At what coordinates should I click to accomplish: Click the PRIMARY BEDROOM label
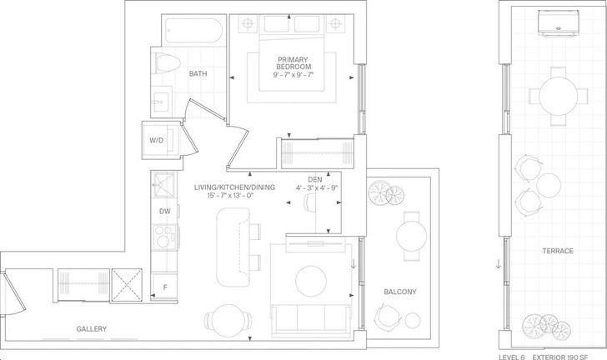293,63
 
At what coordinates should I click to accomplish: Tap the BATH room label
198,73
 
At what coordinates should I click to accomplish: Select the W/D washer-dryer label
157,140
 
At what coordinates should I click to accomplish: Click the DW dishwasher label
165,212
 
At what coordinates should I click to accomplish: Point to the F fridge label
165,287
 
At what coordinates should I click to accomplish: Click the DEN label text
314,180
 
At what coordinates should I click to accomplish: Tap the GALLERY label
92,328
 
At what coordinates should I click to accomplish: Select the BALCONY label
400,292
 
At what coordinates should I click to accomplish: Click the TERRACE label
558,251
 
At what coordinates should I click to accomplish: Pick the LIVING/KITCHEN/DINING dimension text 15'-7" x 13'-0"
230,196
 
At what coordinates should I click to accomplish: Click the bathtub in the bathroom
193,30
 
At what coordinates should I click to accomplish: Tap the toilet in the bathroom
168,62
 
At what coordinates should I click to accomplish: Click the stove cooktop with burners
164,237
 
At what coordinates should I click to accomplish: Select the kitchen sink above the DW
163,185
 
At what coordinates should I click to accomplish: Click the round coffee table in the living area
311,282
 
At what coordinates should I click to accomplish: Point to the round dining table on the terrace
559,96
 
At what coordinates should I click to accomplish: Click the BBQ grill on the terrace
558,23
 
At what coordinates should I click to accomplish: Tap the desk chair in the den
309,202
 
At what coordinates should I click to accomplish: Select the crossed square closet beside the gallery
127,285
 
